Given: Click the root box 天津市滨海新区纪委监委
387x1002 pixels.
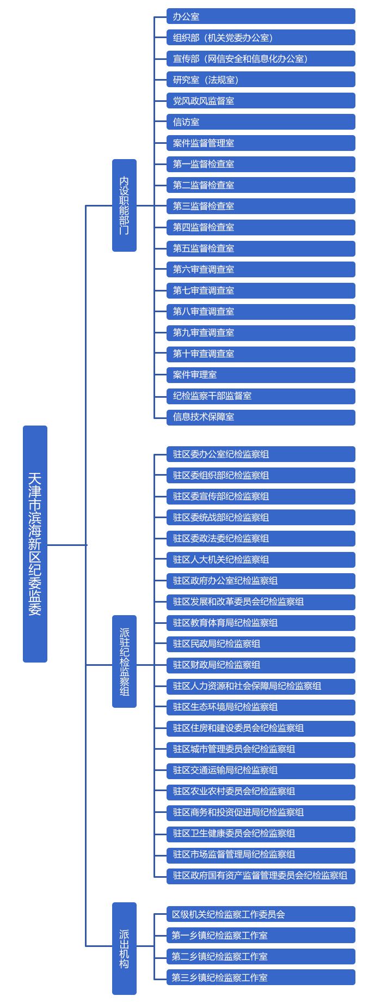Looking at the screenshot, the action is (x=35, y=544).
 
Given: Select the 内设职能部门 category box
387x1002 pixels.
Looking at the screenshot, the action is (x=124, y=205).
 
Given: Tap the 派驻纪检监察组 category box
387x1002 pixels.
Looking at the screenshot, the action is (x=124, y=661).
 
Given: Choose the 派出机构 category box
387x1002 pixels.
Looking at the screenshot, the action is (x=124, y=949).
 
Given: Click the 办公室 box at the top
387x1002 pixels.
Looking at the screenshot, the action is (x=261, y=16).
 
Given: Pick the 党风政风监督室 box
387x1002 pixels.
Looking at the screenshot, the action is (x=261, y=101).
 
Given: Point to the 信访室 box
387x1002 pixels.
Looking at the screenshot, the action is (x=261, y=122).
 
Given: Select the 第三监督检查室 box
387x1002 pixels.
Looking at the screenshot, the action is (x=261, y=207).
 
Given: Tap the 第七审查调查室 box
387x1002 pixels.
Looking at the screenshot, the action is (x=261, y=291).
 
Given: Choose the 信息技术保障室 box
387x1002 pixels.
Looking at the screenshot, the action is (x=261, y=417).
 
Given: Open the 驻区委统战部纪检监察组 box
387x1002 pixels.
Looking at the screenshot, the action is (x=261, y=518).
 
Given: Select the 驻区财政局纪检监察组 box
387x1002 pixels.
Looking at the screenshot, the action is (x=261, y=665).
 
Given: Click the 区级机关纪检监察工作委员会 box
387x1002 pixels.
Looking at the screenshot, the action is (x=261, y=915).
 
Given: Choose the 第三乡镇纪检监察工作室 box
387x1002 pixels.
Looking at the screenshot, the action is (x=261, y=978).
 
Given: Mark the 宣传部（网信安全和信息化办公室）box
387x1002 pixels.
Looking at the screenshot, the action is (x=261, y=59).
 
